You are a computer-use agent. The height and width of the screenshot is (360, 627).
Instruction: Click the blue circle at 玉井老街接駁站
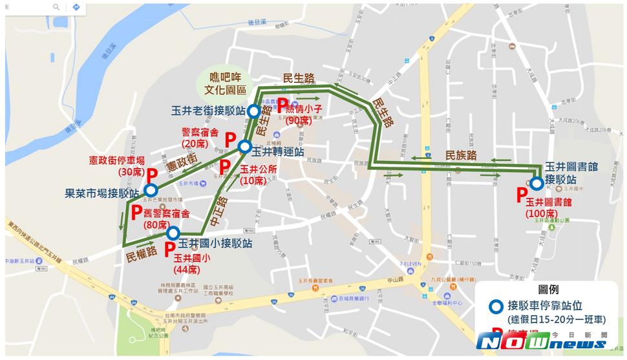253,110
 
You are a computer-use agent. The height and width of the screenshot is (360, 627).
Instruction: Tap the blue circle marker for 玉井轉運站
244,147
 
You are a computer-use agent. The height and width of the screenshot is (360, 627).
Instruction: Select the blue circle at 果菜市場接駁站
150,190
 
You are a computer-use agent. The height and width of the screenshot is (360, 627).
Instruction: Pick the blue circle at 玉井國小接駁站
173,233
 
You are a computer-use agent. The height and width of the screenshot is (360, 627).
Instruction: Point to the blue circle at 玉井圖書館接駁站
537,183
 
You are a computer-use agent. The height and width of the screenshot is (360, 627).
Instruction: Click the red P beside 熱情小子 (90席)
283,107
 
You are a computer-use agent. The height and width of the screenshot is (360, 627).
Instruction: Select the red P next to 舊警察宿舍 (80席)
136,213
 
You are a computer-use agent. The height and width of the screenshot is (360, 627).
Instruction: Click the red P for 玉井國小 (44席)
169,250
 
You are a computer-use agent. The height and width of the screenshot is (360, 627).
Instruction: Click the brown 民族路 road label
461,155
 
